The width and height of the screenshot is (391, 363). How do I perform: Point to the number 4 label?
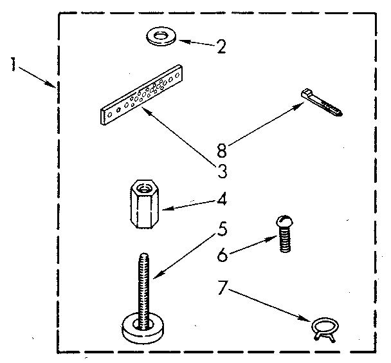click(x=221, y=199)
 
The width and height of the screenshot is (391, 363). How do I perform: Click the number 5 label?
click(x=221, y=230)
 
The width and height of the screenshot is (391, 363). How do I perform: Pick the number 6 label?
click(x=221, y=256)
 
